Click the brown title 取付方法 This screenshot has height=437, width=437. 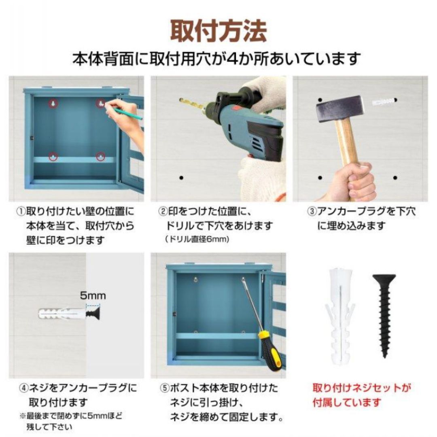pos(218,31)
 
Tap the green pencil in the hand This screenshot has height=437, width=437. pos(129,114)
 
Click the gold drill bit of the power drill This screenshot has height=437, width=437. pos(193,103)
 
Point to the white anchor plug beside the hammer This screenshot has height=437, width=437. pos(384,101)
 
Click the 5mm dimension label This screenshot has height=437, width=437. pos(93,295)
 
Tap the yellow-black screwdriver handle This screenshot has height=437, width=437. pos(269,352)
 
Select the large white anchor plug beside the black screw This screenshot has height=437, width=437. pos(340,317)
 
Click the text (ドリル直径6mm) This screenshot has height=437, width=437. pos(197,239)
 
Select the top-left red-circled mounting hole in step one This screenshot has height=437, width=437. pos(53,104)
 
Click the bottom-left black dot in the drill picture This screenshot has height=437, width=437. pos(181,177)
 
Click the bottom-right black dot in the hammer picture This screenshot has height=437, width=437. pos(395,177)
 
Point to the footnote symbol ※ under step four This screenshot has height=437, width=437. pos(23,416)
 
